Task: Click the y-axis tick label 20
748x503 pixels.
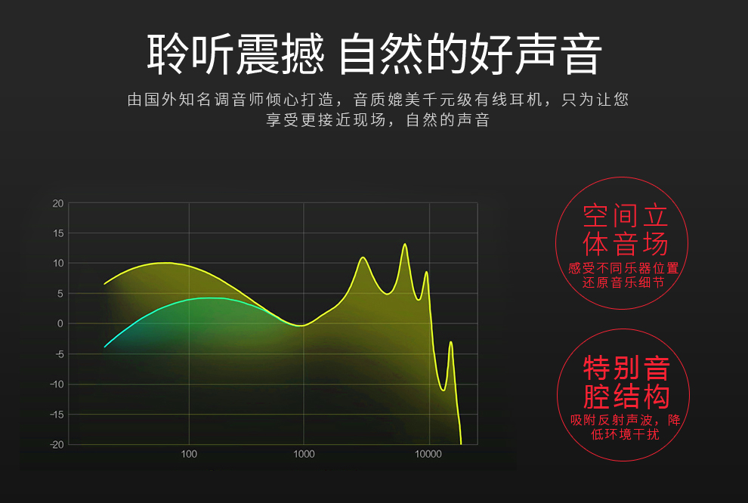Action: [57, 204]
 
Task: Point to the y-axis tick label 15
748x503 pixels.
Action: [58, 233]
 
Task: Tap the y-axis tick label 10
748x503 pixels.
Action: [58, 263]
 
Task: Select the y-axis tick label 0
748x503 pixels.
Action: [60, 324]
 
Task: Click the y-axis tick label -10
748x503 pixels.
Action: [57, 384]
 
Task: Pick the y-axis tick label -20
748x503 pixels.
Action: [57, 445]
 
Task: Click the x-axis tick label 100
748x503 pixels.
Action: [189, 454]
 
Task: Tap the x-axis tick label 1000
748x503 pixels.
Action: [304, 454]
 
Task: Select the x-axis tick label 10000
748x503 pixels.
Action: [428, 454]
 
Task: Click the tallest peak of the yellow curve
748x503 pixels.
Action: [405, 244]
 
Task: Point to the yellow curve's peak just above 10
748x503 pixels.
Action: [363, 258]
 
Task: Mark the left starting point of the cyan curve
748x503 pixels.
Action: [104, 347]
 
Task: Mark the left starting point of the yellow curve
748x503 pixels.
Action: [104, 284]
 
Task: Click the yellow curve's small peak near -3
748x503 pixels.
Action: [451, 342]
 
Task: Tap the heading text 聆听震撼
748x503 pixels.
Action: [236, 54]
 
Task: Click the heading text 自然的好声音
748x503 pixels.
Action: [471, 54]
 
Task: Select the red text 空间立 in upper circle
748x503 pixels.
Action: [626, 216]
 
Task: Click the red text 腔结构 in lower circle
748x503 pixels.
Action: [627, 397]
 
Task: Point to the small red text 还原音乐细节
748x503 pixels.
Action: [623, 282]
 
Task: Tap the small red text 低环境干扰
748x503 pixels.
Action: [625, 434]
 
